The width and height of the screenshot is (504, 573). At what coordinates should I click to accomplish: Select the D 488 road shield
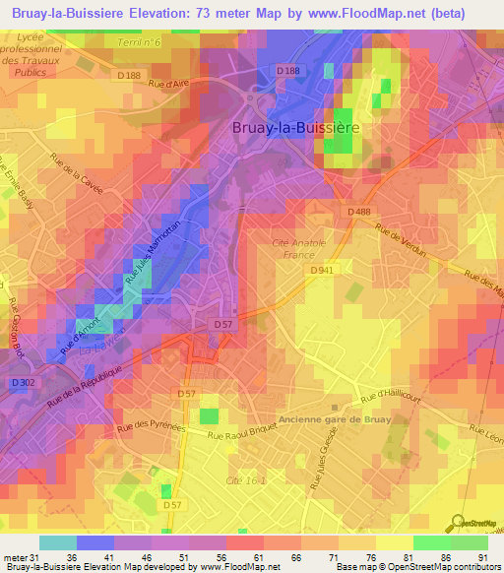click(358, 212)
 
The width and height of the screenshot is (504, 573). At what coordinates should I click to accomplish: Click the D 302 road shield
click(23, 382)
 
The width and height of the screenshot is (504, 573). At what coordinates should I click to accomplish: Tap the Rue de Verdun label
click(399, 239)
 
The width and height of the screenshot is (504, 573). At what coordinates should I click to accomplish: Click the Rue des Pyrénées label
click(154, 428)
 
